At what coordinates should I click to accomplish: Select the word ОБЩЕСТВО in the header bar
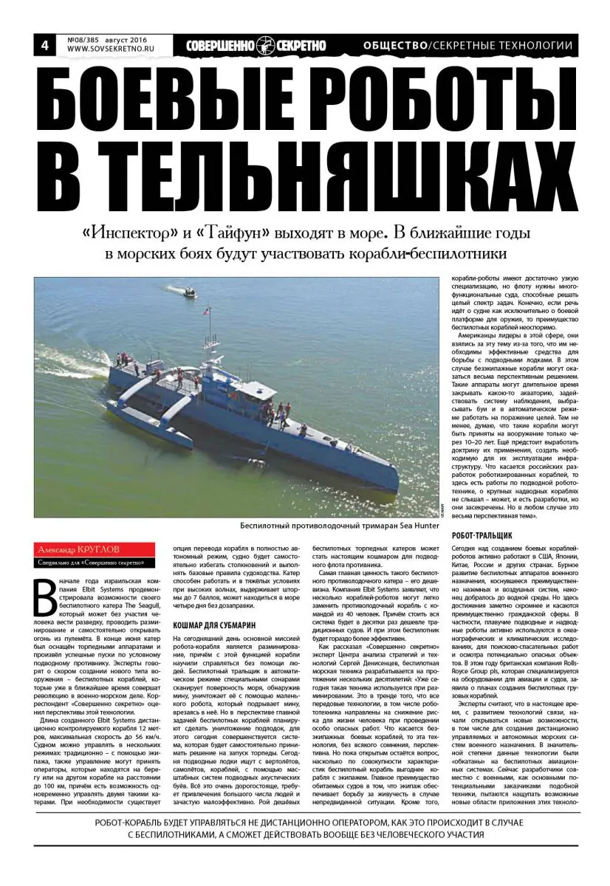tap(395, 46)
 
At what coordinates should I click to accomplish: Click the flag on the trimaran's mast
tap(207, 313)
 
